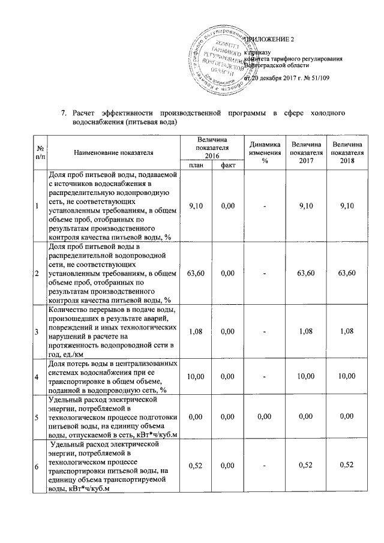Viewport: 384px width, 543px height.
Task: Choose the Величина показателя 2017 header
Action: [305, 154]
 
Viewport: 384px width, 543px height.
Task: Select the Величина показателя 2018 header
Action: [347, 154]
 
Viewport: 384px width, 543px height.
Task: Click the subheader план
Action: [196, 165]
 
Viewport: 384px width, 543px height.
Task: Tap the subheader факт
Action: [227, 165]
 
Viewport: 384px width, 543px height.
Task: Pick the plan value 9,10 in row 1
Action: [196, 206]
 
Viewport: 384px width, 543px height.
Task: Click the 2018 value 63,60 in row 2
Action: [347, 274]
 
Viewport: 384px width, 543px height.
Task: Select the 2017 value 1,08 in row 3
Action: [305, 331]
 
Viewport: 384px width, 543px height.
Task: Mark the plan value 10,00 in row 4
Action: [196, 377]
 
